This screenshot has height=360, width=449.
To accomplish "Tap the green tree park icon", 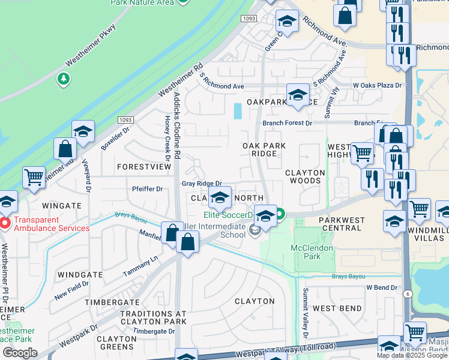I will pos(63,79).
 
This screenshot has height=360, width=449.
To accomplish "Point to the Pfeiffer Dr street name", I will pos(147,189).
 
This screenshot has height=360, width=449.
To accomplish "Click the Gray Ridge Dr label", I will pos(202,184).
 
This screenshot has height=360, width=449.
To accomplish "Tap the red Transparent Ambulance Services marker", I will pos(5,224).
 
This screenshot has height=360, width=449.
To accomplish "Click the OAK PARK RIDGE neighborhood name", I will pos(264,149).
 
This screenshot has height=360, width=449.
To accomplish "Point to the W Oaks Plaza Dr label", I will pos(377,86).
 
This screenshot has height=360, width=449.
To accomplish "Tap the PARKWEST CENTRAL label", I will pos(342,224).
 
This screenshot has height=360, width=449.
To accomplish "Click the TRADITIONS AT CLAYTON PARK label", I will pos(153,317).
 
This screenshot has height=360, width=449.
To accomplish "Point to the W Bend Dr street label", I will pos(382,287).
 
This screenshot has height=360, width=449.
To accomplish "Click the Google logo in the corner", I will pos(20,353).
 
